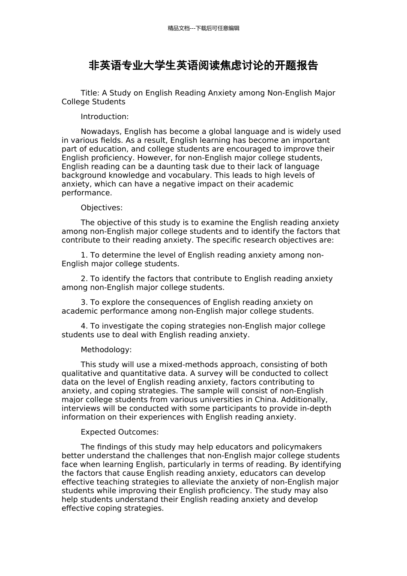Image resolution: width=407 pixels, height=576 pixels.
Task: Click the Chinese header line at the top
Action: pyautogui.click(x=203, y=28)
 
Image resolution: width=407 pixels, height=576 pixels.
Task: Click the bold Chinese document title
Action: pyautogui.click(x=203, y=66)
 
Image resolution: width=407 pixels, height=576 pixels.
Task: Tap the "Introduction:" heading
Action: pyautogui.click(x=105, y=117)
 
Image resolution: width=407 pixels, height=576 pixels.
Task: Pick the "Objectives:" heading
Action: pyautogui.click(x=102, y=208)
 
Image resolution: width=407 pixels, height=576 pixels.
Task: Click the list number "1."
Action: pyautogui.click(x=84, y=255)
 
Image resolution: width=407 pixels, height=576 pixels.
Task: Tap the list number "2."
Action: pyautogui.click(x=84, y=279)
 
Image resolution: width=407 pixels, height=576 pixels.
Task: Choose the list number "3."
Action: pyautogui.click(x=84, y=303)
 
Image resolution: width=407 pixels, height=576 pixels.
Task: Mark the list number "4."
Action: pyautogui.click(x=84, y=326)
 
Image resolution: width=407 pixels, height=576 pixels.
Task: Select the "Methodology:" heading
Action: pyautogui.click(x=106, y=350)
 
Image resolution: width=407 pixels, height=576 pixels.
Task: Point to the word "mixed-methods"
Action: pyautogui.click(x=184, y=365)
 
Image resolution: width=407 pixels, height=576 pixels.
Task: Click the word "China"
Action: pyautogui.click(x=265, y=400)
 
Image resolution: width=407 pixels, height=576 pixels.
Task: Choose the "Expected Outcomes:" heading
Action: pyautogui.click(x=120, y=432)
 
